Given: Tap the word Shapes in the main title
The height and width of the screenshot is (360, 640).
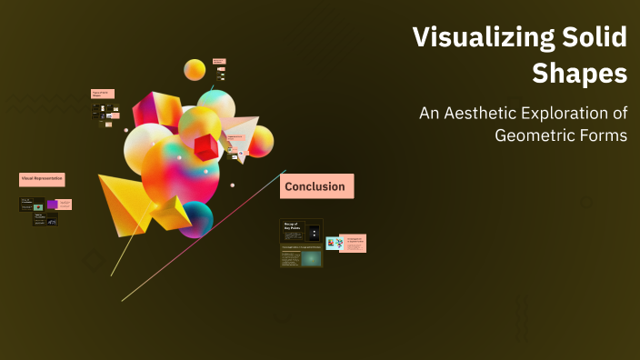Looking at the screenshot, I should [581, 74].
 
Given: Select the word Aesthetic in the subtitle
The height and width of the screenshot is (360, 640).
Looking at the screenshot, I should [495, 115].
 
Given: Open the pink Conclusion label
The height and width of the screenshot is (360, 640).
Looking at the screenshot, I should [315, 186].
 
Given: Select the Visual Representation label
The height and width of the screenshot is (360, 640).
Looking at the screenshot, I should [42, 179].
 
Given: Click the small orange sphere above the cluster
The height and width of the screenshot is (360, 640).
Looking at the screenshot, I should [195, 69].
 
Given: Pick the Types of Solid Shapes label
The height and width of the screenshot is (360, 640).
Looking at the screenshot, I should [103, 93].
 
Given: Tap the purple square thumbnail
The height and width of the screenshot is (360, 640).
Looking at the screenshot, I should [52, 205].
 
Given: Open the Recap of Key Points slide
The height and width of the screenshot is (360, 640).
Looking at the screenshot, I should [301, 231].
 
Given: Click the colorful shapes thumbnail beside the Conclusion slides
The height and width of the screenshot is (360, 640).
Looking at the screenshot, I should [334, 243].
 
